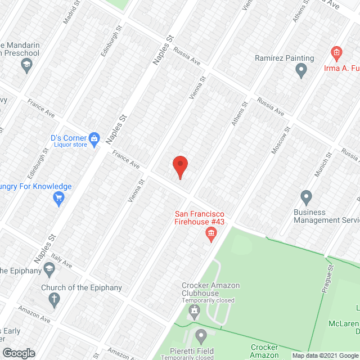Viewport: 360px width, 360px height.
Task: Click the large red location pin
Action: [x=179, y=166]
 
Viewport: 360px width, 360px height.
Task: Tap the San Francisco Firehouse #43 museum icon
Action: [x=212, y=233]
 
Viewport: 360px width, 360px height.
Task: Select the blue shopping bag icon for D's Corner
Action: [x=94, y=138]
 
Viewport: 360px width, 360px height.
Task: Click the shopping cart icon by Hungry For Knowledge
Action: [x=58, y=197]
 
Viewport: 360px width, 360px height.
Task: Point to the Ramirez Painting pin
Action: [x=301, y=70]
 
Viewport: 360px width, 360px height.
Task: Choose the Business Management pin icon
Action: [x=306, y=197]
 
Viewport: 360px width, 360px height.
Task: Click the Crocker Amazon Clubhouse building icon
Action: [x=195, y=310]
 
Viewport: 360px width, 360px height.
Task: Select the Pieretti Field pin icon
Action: [x=201, y=337]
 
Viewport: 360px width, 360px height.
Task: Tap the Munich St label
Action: [x=322, y=165]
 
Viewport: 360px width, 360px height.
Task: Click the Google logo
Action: [x=18, y=353]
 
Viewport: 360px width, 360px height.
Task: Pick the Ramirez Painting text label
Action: [x=284, y=58]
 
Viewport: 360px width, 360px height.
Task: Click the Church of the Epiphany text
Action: [x=82, y=288]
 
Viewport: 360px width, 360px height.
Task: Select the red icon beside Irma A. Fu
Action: [x=336, y=54]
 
